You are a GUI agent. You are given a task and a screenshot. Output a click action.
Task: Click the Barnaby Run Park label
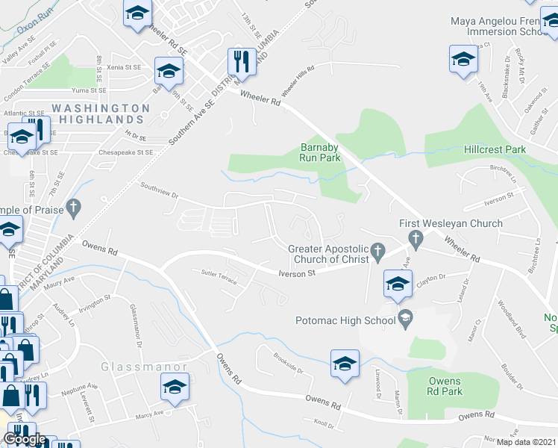(x=320, y=152)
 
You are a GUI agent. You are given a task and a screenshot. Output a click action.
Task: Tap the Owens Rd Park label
(x=445, y=386)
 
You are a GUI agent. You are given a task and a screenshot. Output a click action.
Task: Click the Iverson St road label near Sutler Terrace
(x=296, y=273)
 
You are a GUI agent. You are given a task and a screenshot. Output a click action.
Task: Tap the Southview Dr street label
(x=159, y=189)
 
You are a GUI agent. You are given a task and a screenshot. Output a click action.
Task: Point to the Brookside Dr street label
(x=289, y=364)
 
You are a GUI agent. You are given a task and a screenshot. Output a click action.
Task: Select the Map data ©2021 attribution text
(x=526, y=441)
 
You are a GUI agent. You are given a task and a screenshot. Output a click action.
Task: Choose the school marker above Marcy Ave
(x=175, y=387)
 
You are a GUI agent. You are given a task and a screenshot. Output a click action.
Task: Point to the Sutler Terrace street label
(x=219, y=277)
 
